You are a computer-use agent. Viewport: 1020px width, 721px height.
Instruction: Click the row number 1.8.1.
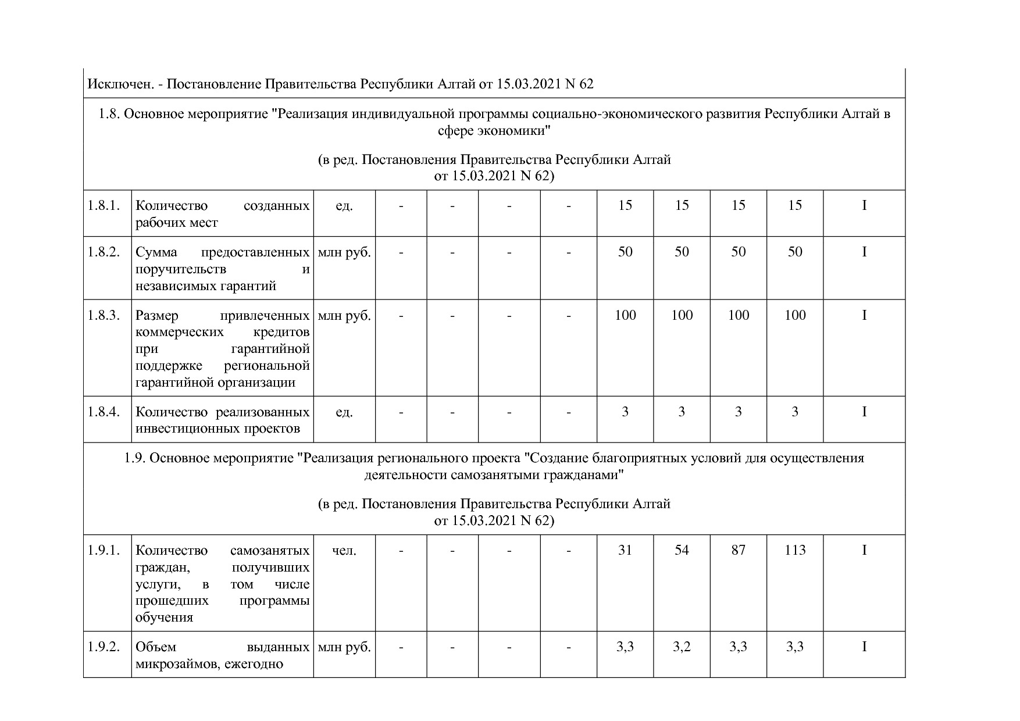(104, 205)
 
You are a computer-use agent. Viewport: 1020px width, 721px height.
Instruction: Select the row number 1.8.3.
(104, 315)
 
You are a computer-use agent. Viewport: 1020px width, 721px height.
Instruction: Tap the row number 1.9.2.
(104, 647)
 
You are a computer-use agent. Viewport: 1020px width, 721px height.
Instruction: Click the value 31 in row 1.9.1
(625, 550)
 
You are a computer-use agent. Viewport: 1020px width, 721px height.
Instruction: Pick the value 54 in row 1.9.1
(682, 550)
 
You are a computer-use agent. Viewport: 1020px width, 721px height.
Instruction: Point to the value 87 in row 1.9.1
(738, 550)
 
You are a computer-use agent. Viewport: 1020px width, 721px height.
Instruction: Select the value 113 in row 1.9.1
(795, 550)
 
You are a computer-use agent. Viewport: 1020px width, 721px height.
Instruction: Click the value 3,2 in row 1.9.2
(682, 647)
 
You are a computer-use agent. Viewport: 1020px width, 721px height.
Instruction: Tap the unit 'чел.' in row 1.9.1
(344, 550)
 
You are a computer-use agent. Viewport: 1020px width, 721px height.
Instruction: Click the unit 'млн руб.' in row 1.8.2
(344, 252)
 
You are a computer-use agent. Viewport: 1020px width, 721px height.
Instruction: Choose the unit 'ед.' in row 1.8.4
(344, 412)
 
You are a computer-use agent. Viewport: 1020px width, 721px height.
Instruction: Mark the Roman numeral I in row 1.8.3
(864, 315)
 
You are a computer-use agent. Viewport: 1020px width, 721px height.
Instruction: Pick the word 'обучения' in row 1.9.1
(164, 618)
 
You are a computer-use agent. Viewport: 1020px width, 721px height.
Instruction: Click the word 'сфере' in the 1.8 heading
(455, 131)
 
